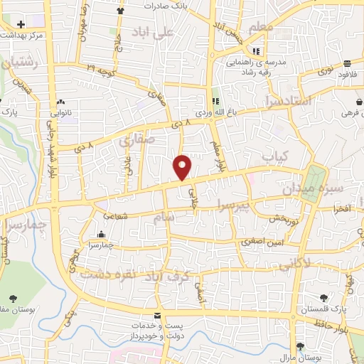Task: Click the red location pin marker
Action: tap(183, 167)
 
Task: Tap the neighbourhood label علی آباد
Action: tap(158, 32)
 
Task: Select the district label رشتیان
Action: tap(19, 65)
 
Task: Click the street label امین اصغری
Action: tap(262, 241)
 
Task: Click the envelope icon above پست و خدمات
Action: tap(158, 316)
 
